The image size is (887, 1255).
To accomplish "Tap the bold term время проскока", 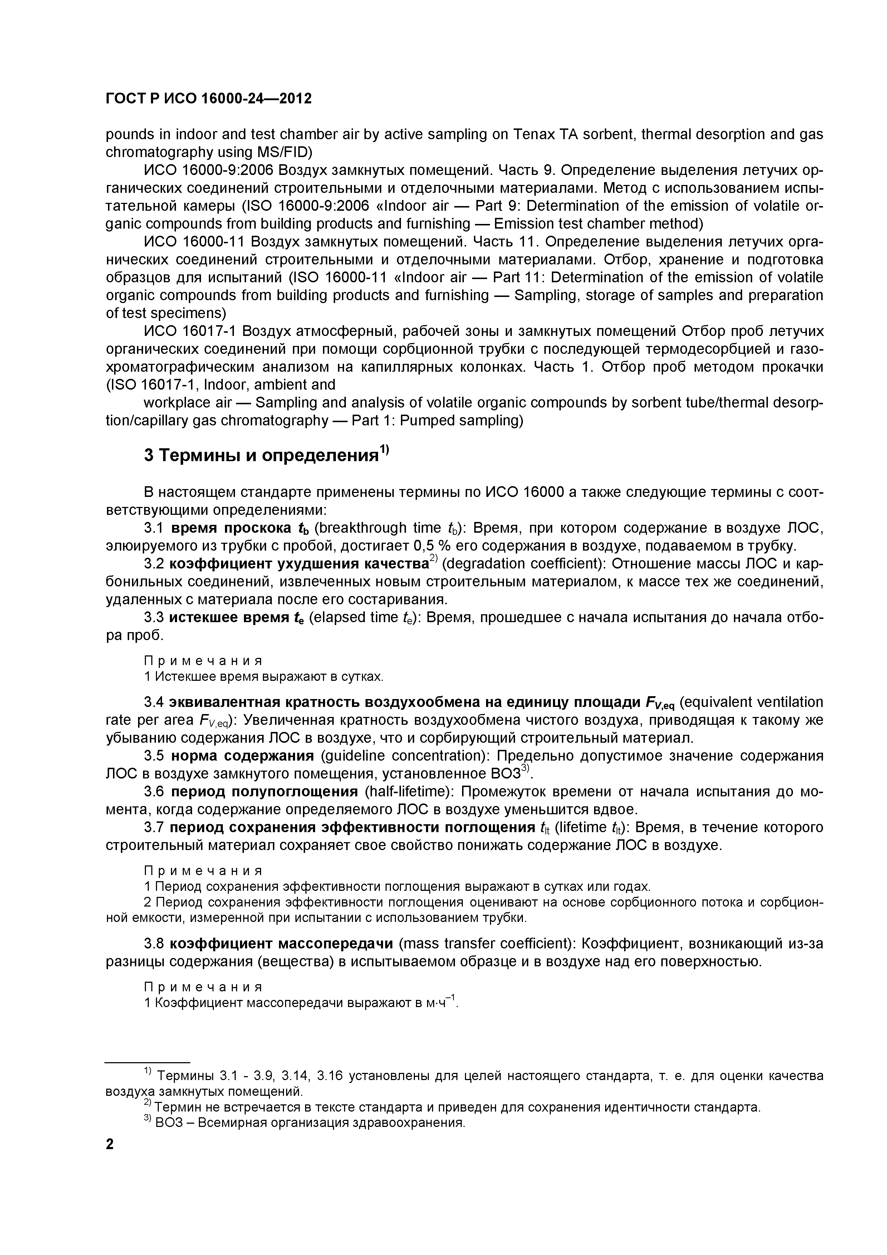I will (232, 528).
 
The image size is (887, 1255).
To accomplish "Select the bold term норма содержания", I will (242, 756).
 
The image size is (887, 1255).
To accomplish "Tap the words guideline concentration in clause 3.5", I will (409, 756).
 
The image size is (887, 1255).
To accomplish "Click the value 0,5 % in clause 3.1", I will (432, 546).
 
